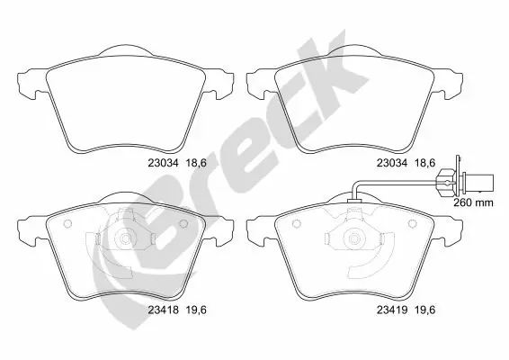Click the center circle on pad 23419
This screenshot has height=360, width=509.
point(357,240)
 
